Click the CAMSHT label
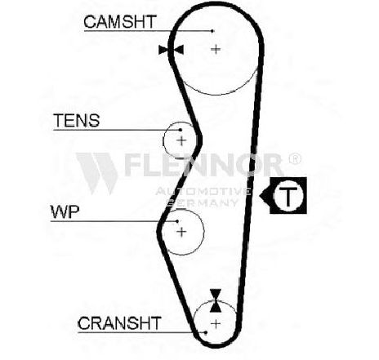[120, 22]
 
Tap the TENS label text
[77, 121]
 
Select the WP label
[65, 212]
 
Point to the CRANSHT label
[119, 323]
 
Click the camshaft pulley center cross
[216, 49]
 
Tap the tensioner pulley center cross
[181, 140]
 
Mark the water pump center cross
[181, 232]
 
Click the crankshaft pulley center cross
[216, 324]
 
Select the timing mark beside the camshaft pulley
[171, 50]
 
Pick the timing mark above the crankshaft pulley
[216, 300]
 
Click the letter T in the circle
[288, 195]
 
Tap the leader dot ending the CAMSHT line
[212, 31]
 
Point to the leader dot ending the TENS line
[181, 130]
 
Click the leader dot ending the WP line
[177, 221]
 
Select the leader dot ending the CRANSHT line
[206, 332]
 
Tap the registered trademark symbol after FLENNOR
[295, 158]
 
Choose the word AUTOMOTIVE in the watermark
[203, 191]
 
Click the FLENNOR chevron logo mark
[97, 173]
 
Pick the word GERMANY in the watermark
[203, 202]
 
